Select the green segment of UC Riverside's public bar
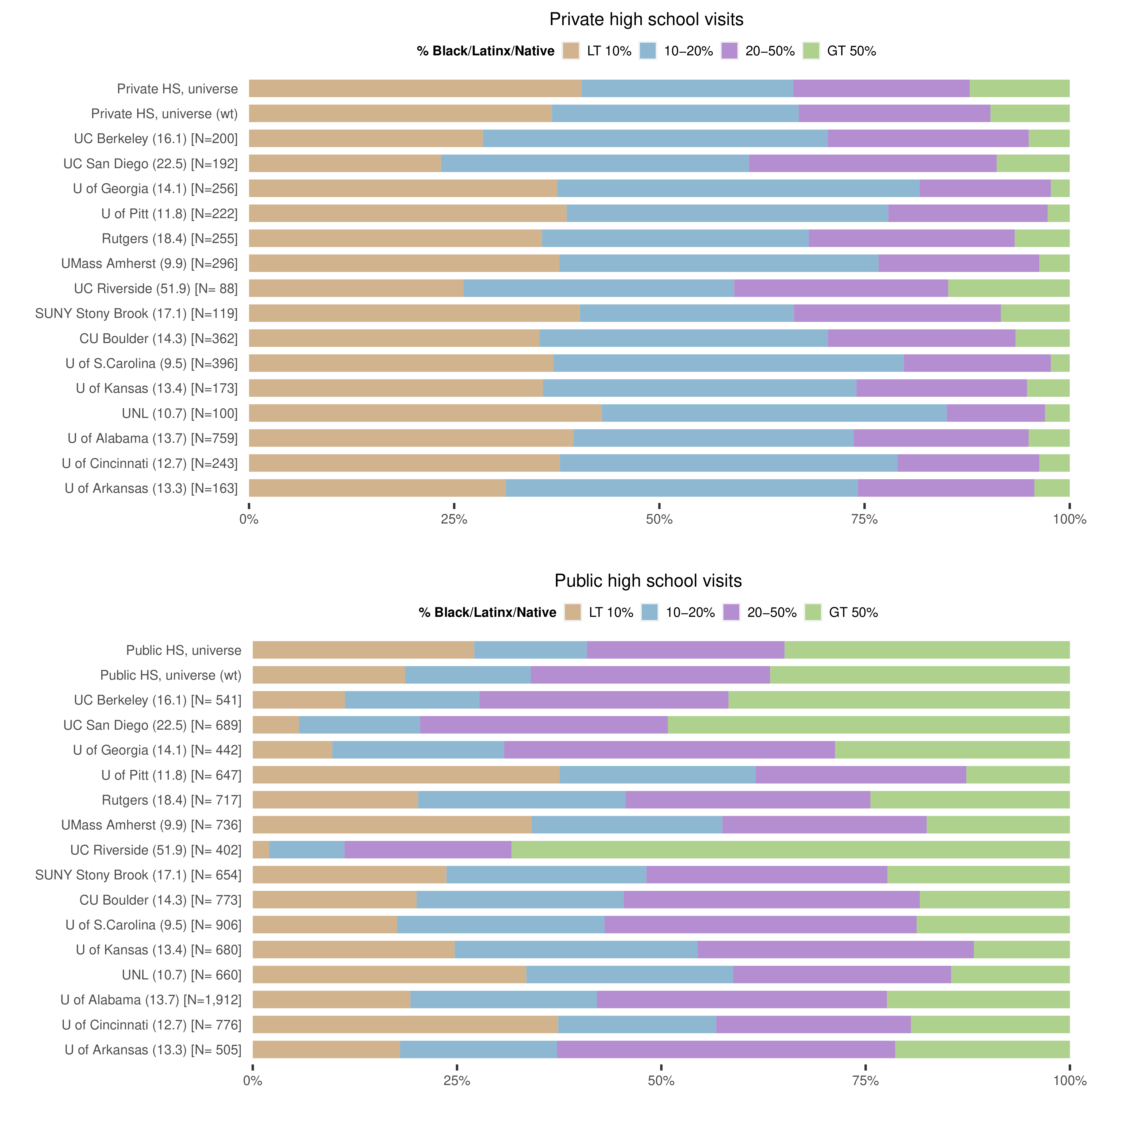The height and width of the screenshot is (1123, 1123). [791, 850]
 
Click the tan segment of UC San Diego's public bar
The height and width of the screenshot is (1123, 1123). [275, 725]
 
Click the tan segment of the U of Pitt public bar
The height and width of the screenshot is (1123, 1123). [406, 775]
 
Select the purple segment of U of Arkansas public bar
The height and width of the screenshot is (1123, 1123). [725, 1050]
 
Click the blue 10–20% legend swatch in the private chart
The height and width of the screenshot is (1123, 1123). [648, 51]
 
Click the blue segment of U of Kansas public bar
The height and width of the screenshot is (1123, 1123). [575, 950]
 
